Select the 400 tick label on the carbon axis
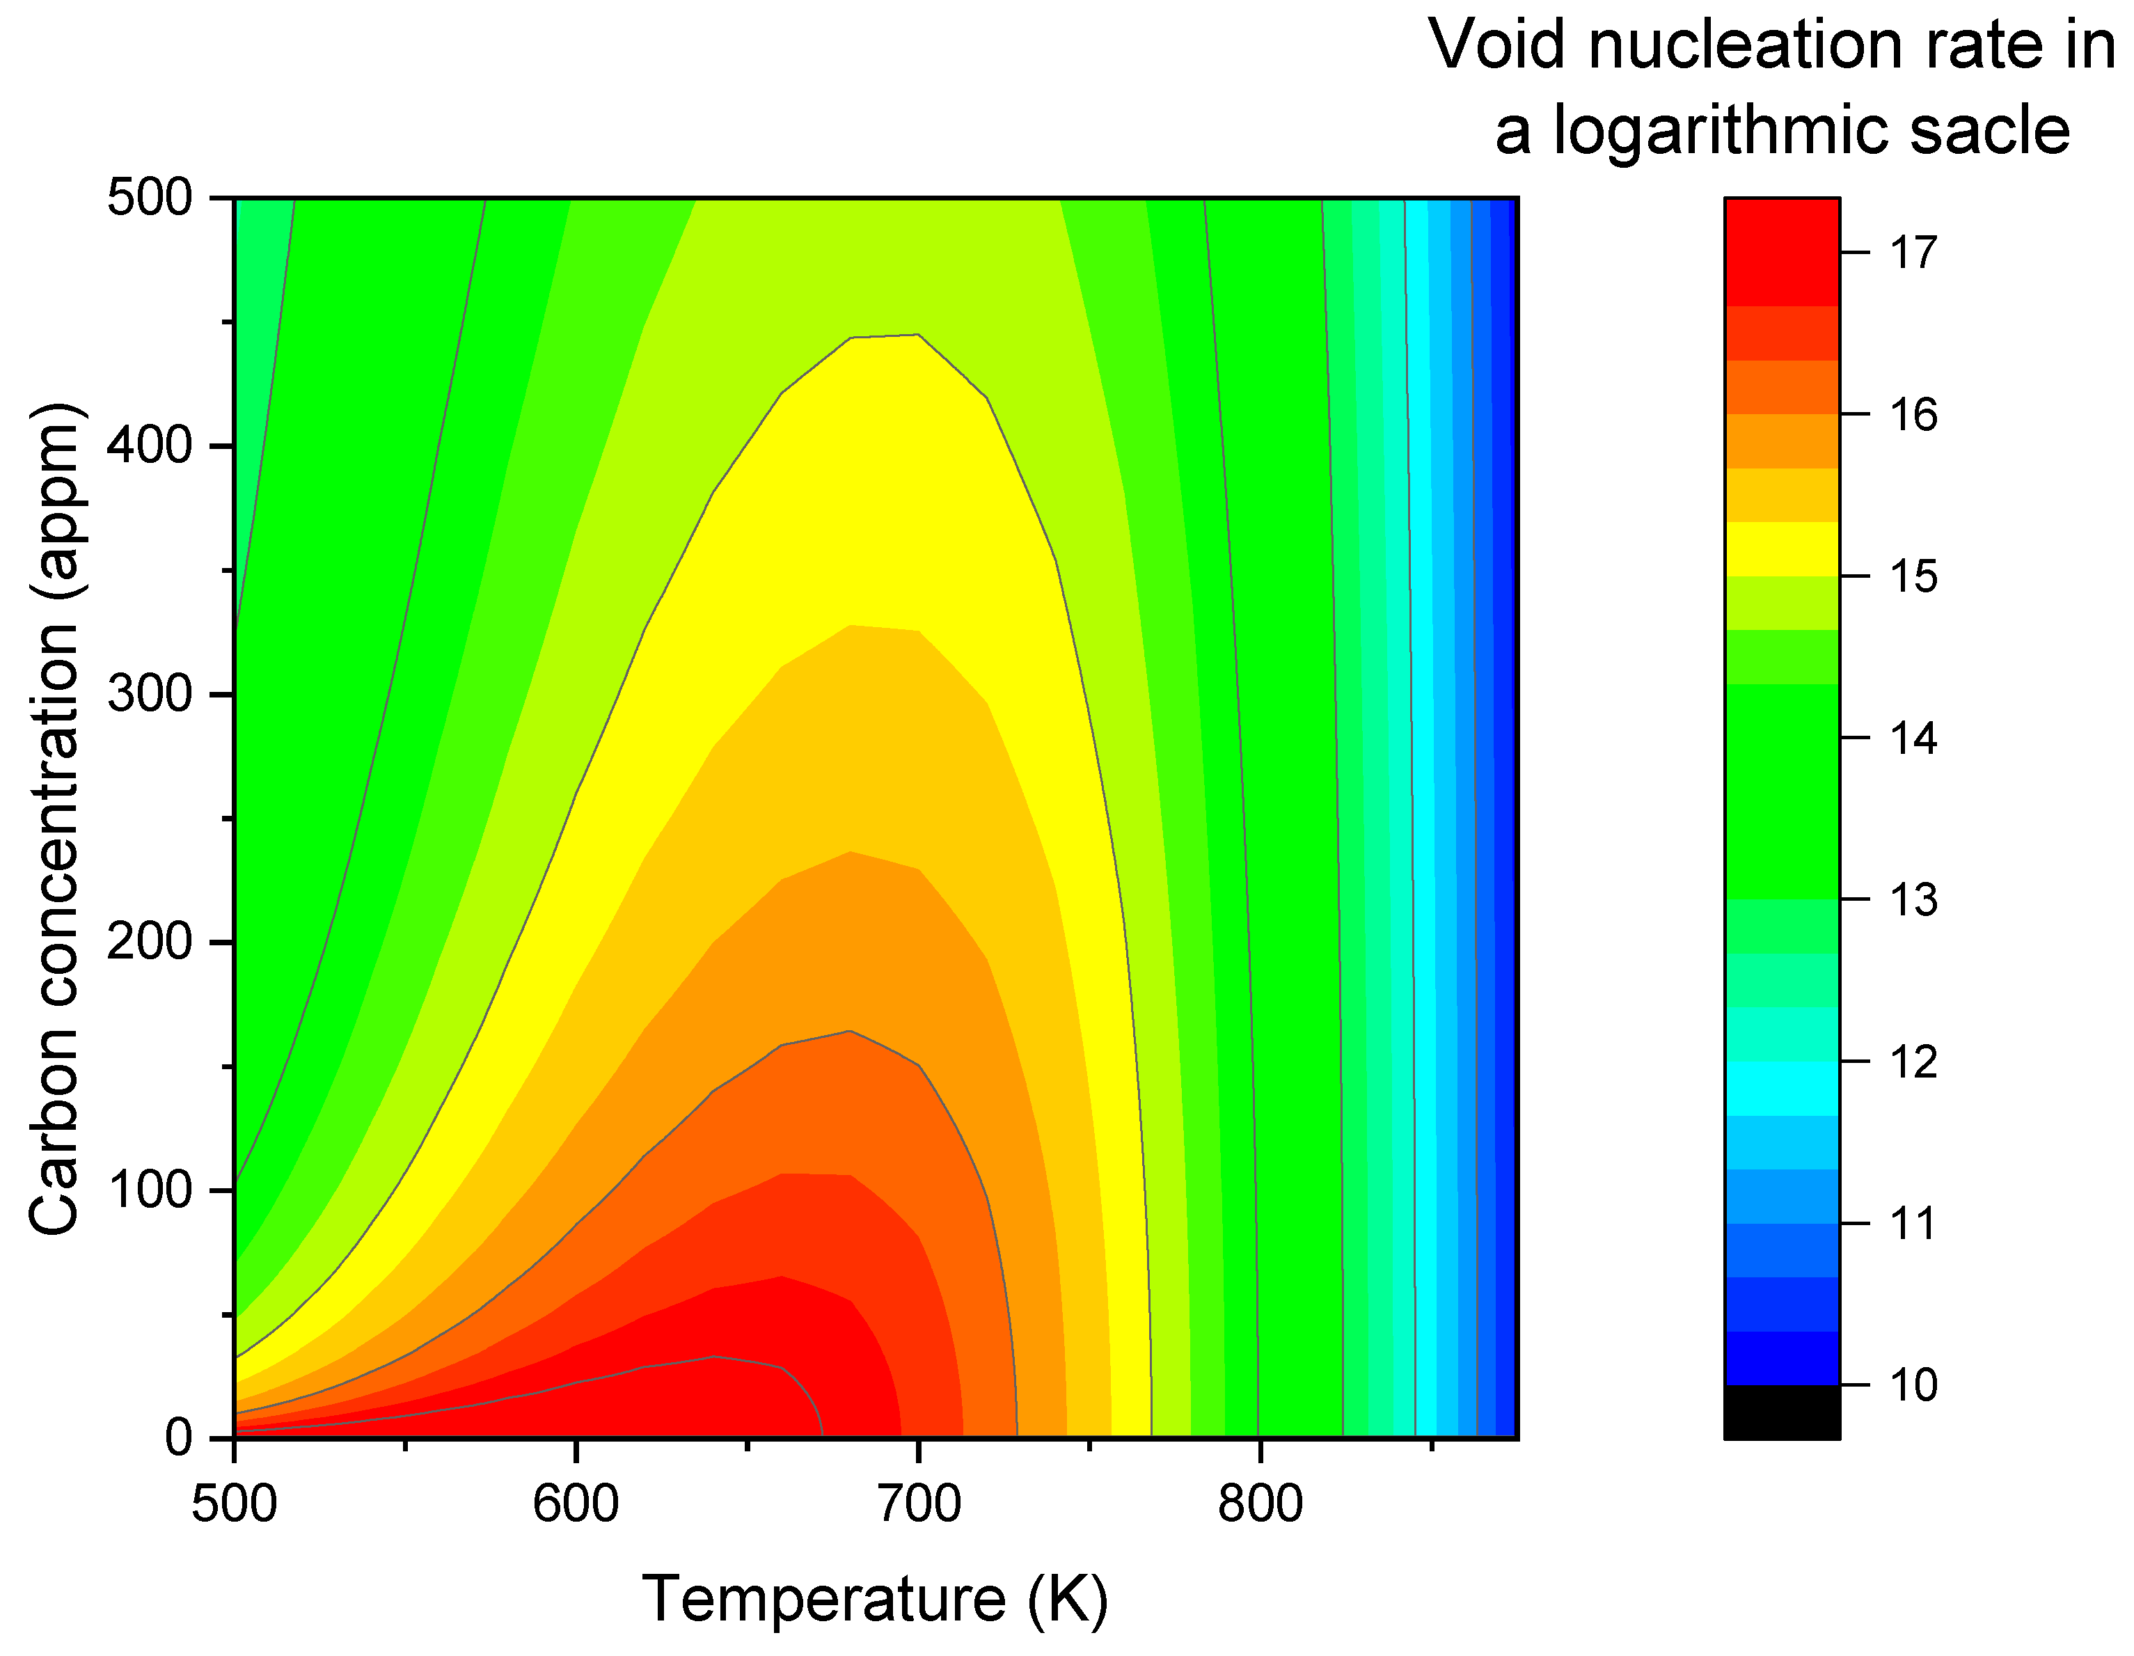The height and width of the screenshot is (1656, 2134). [x=148, y=446]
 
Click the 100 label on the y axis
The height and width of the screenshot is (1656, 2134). [x=148, y=1190]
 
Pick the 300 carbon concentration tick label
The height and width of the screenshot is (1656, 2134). [x=148, y=695]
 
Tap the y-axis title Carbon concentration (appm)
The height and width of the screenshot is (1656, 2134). [x=54, y=819]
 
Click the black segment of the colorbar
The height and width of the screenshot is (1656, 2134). [x=1781, y=1412]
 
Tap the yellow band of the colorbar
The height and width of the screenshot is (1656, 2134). [x=1781, y=549]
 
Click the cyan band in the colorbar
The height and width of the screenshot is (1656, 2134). [x=1781, y=1089]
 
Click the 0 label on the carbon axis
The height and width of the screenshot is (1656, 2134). [x=178, y=1438]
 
